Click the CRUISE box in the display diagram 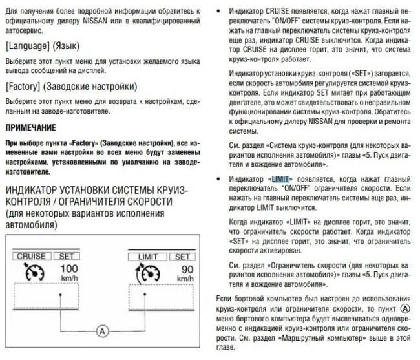click(x=31, y=257)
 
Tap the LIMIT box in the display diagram click(x=147, y=257)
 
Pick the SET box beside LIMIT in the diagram click(x=182, y=257)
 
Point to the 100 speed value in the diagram click(x=68, y=268)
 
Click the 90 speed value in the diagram click(x=187, y=268)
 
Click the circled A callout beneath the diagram click(x=101, y=330)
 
